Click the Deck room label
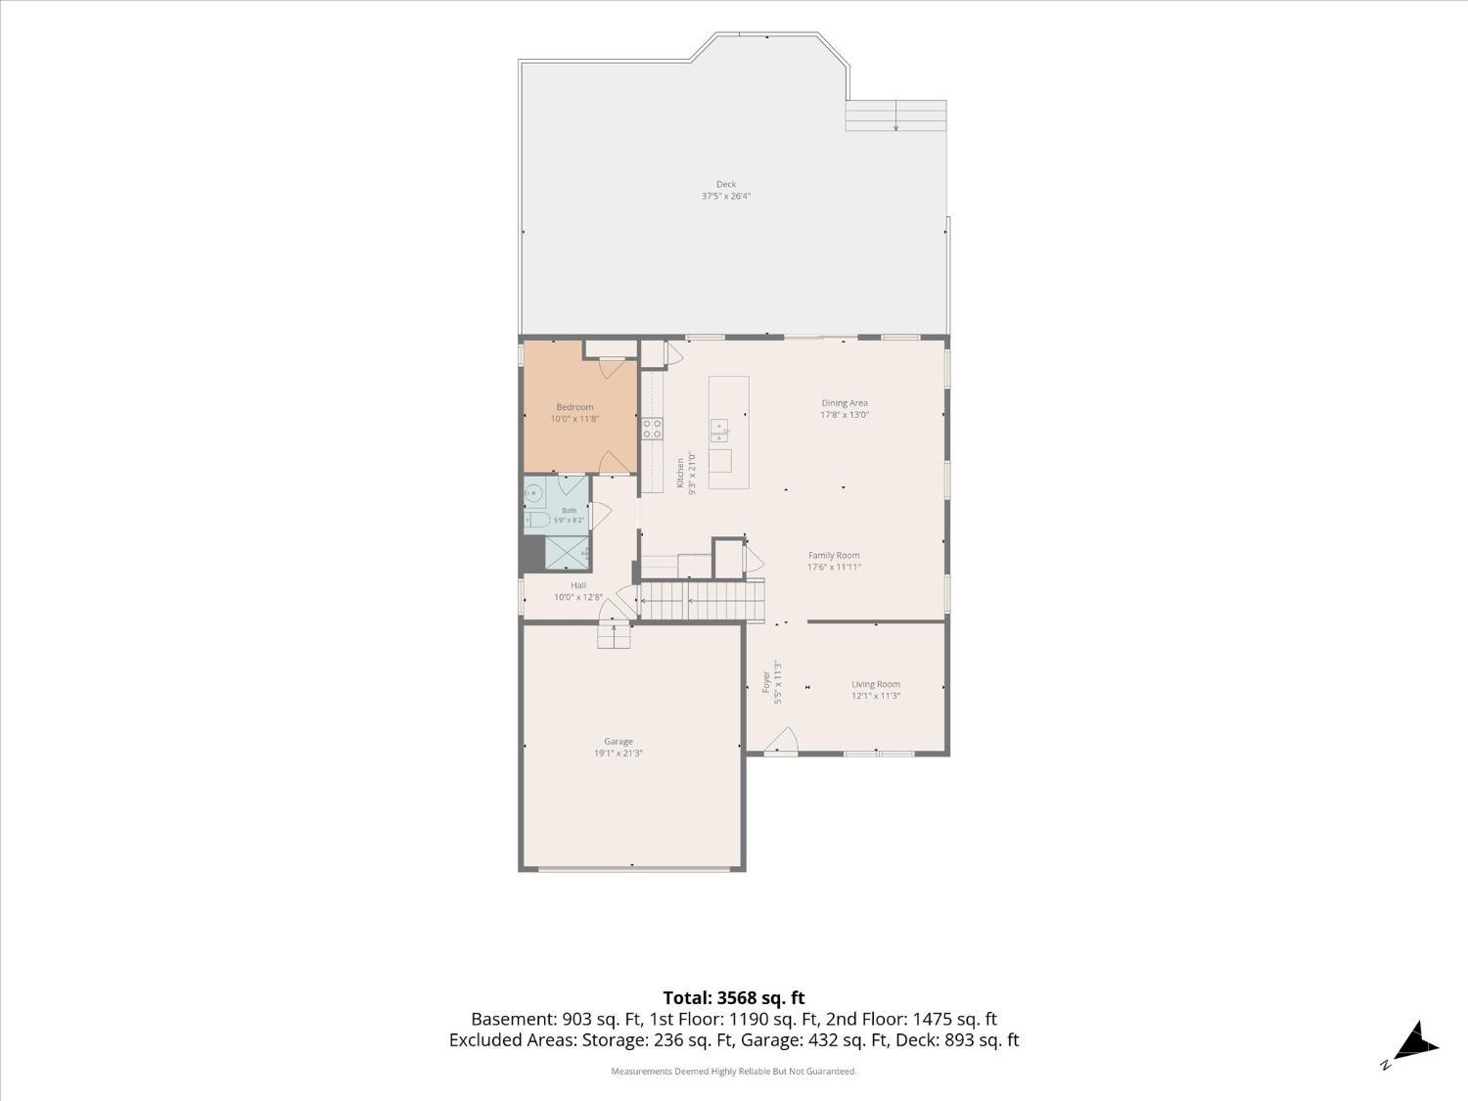point(725,184)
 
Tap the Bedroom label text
point(574,407)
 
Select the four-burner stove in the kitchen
point(652,429)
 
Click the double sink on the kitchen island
point(719,431)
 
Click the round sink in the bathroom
point(533,494)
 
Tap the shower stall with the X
point(567,552)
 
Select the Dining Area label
point(845,403)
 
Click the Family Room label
point(834,556)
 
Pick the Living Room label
point(876,684)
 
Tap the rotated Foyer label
point(766,682)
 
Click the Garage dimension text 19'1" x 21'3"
point(619,753)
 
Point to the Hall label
point(578,585)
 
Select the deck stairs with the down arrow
point(895,115)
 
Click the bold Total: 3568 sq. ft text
point(734,998)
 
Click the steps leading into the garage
point(614,636)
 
